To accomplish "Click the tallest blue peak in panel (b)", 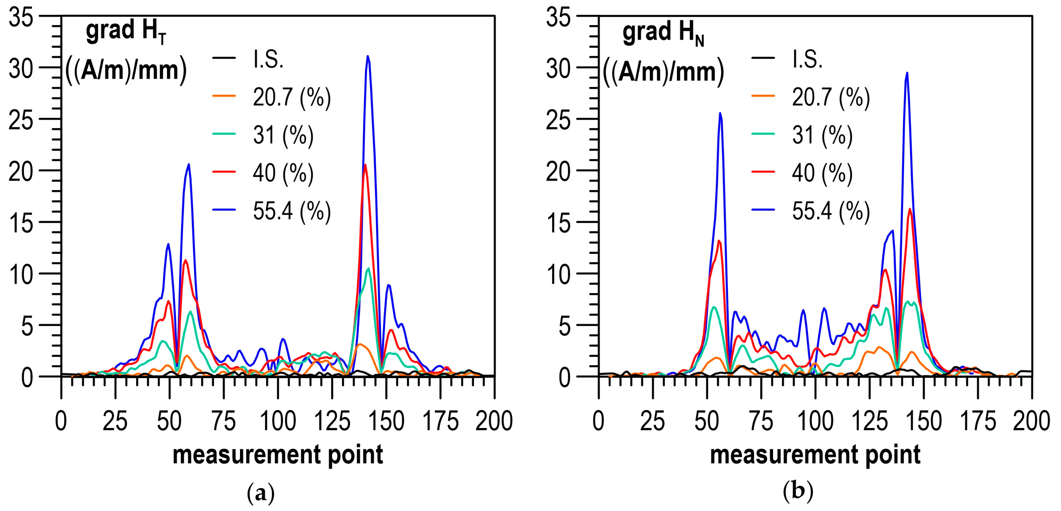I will (906, 74).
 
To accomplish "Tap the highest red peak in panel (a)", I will (365, 165).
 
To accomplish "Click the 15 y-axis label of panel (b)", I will (558, 223).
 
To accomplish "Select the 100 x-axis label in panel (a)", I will (278, 421).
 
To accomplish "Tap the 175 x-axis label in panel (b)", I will (978, 421).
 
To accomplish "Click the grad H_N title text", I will (663, 32).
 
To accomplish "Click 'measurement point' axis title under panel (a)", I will (278, 455).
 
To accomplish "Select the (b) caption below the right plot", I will (798, 491).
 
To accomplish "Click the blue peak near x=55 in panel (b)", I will (720, 113).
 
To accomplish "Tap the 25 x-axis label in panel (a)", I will (115, 421).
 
